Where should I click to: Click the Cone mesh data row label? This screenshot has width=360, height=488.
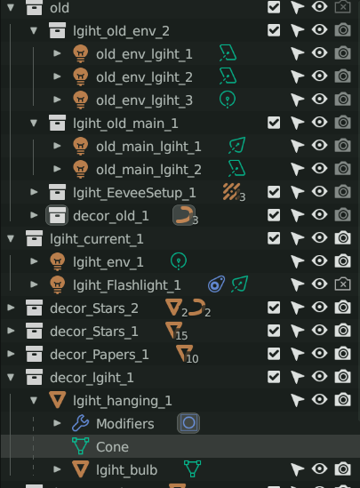click(112, 447)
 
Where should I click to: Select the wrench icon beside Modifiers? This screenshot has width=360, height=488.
click(81, 423)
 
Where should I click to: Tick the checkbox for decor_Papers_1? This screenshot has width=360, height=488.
click(274, 354)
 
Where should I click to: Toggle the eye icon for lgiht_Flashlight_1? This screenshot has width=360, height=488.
click(319, 284)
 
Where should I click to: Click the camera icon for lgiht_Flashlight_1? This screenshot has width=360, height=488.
click(342, 284)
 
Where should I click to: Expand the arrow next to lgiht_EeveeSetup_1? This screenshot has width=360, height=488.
click(34, 192)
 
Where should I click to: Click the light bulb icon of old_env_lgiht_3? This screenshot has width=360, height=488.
click(81, 100)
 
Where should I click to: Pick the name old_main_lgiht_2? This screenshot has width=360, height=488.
click(148, 170)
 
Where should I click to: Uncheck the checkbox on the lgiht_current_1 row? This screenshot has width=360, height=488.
click(274, 238)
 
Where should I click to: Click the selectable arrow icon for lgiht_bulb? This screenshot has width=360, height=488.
click(297, 469)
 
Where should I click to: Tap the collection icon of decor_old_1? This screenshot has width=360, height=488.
click(57, 215)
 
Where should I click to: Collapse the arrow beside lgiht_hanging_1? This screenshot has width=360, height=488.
click(34, 400)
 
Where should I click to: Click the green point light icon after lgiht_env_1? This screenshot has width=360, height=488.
click(179, 261)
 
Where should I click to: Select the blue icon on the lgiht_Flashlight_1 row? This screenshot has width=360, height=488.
click(216, 284)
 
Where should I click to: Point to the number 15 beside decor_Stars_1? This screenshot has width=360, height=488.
click(181, 335)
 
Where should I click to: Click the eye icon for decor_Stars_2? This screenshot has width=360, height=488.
click(319, 308)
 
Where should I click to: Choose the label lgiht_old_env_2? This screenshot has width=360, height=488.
click(122, 31)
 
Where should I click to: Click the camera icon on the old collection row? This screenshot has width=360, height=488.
click(342, 7)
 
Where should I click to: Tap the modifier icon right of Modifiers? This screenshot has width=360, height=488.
click(188, 423)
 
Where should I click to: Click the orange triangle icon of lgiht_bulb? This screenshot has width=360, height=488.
click(81, 469)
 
